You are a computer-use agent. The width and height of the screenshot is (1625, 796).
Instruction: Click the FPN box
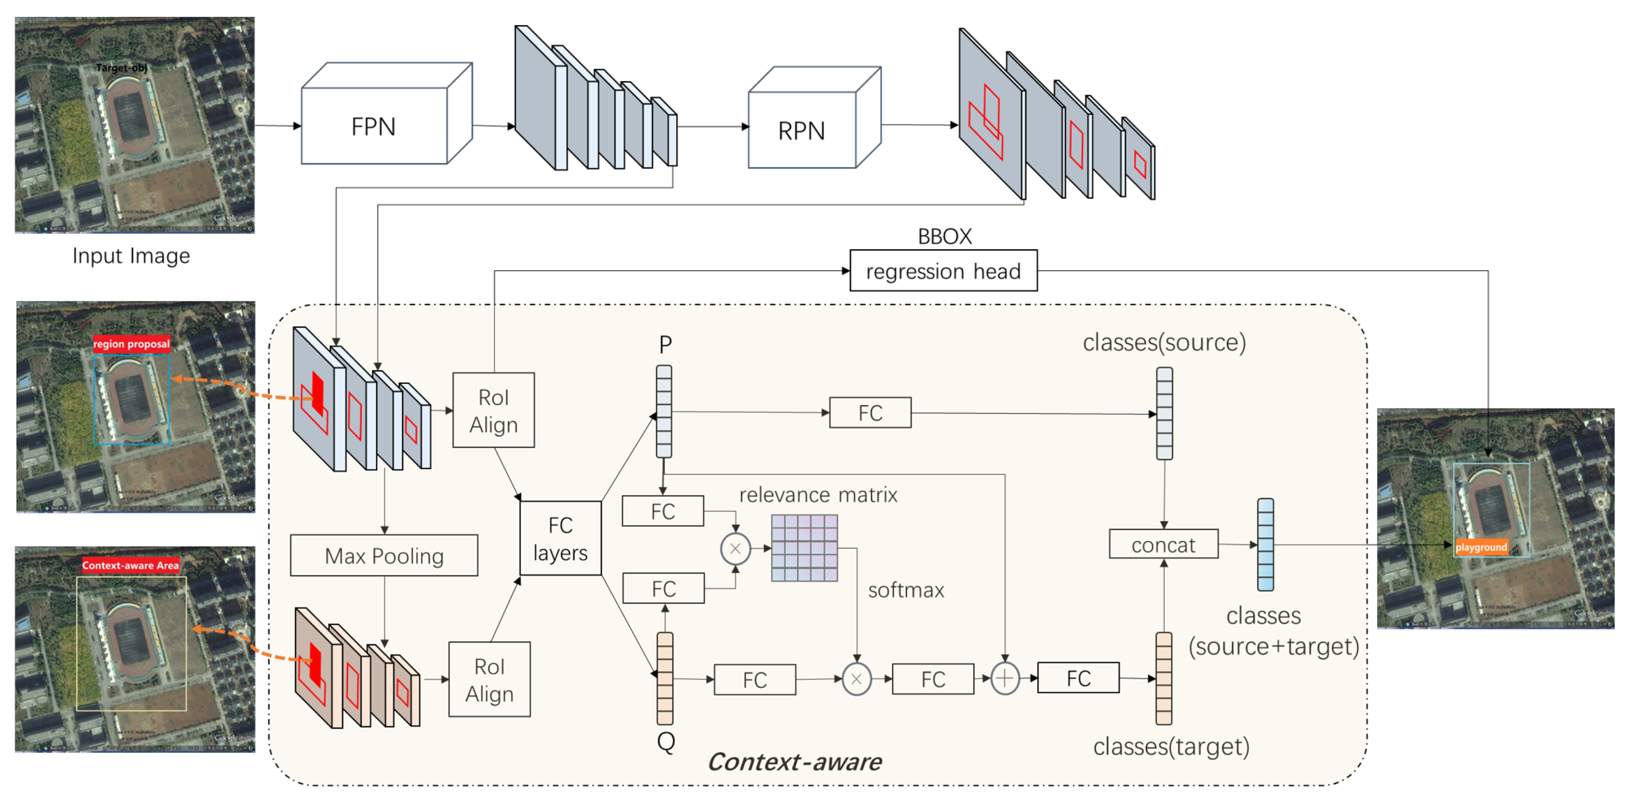pos(373,126)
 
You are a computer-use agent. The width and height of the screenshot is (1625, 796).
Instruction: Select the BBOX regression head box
pos(943,270)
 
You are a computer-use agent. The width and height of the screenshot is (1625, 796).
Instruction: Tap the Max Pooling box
pos(384,555)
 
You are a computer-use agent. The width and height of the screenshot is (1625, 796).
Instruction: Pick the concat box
pos(1163,543)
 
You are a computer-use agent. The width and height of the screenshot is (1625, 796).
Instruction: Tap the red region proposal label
pos(131,344)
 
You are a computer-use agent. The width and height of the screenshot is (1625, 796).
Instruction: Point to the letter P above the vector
pos(665,345)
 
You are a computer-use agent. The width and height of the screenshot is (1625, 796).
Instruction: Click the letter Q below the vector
pos(666,740)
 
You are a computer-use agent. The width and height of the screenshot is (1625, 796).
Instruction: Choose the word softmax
pos(905,590)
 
